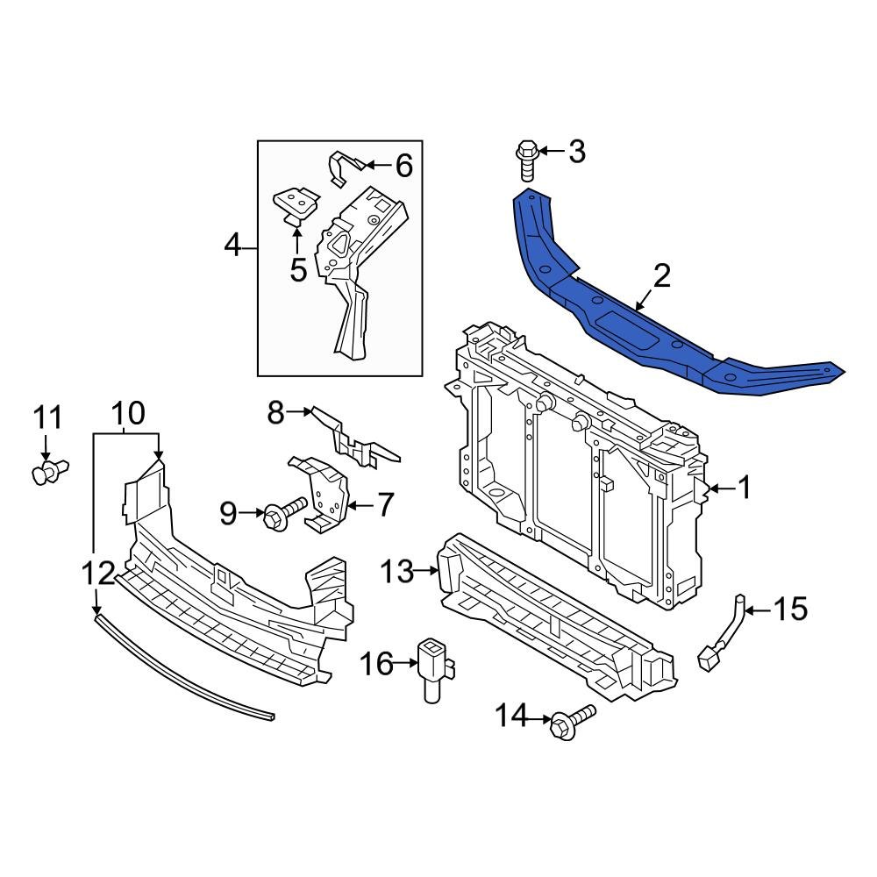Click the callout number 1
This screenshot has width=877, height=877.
(744, 488)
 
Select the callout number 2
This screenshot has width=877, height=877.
(661, 276)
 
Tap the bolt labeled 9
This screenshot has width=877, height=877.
(285, 512)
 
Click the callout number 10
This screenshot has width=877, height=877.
(128, 413)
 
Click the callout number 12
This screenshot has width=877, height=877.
(97, 574)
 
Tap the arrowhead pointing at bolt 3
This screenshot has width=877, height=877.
(542, 152)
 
